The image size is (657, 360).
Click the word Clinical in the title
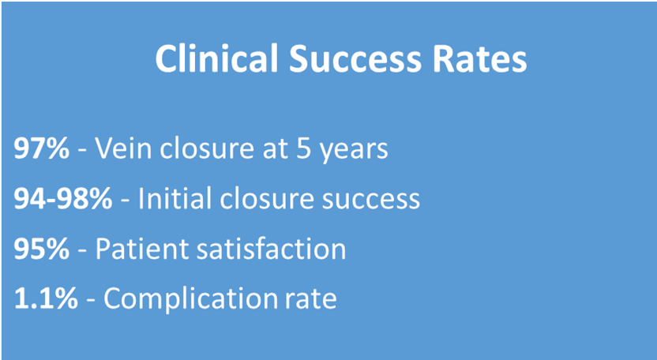[x=216, y=58]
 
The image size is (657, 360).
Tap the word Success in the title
[x=355, y=58]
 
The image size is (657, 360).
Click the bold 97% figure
[x=41, y=148]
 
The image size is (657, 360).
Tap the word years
[x=352, y=151]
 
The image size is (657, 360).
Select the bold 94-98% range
[x=63, y=199]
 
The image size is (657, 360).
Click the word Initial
[x=175, y=198]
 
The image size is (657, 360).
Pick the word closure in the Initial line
[x=266, y=198]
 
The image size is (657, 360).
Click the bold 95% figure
[x=41, y=249]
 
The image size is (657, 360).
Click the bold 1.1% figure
[x=45, y=298]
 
